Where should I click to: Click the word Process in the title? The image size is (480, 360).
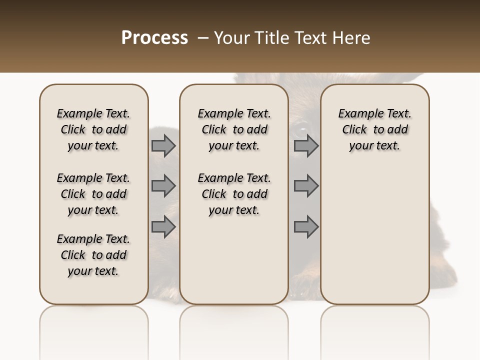pos(154,38)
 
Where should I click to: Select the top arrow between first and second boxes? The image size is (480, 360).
pos(163,146)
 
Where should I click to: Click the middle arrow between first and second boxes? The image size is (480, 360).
pos(163,186)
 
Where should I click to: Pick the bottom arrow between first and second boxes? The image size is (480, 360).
pos(163,226)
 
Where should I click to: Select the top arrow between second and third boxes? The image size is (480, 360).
pos(306,146)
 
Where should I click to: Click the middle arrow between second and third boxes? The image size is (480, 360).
pos(306,186)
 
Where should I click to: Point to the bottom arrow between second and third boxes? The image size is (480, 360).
pos(306,226)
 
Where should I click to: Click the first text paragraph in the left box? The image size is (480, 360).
pos(93,129)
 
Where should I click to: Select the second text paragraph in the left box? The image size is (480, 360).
pos(93,194)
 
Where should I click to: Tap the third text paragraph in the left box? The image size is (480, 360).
pos(93,255)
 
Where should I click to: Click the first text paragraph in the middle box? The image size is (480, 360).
pos(234,129)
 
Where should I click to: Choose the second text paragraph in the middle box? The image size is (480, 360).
pos(234,194)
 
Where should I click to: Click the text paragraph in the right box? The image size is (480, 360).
pos(374,129)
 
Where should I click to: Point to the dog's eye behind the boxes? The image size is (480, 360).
pos(301,131)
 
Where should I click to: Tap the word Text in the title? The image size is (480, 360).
pos(310,38)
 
